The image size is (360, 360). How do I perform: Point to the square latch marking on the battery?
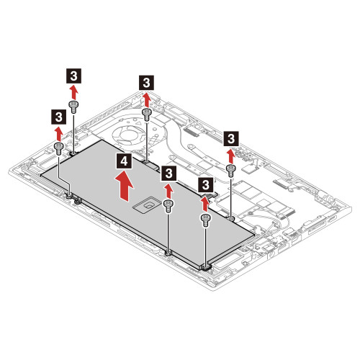click(147, 204)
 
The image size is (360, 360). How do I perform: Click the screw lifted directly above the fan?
click(146, 114)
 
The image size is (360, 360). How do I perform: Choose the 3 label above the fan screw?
click(146, 82)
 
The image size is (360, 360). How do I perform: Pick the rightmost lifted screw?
click(230, 169)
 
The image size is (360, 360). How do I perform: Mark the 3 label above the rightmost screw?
click(231, 137)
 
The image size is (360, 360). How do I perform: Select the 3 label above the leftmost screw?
click(58, 115)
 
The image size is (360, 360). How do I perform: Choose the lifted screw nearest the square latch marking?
click(168, 205)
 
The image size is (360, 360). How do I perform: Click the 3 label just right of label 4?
click(168, 174)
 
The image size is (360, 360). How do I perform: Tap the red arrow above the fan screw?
click(146, 99)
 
